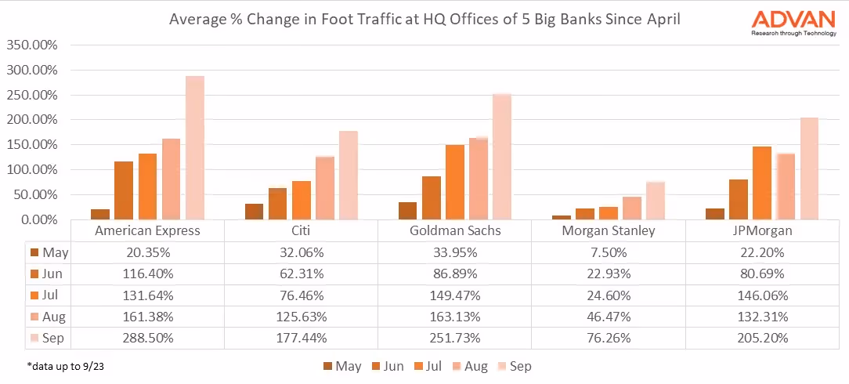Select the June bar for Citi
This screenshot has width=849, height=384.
tap(277, 204)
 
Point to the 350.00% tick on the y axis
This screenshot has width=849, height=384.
tap(32, 45)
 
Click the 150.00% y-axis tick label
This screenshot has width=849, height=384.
tap(32, 145)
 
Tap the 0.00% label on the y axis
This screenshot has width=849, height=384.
tap(38, 219)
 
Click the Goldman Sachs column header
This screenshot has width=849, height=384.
tap(455, 231)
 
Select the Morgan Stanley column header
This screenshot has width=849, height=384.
tap(609, 231)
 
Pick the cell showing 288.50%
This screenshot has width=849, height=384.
tap(147, 338)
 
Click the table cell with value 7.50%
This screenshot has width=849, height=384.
tap(609, 252)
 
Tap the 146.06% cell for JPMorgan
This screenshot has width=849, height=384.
tap(763, 295)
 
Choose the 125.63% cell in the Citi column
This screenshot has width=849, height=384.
tap(301, 317)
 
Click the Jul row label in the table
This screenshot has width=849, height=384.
tap(49, 295)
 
